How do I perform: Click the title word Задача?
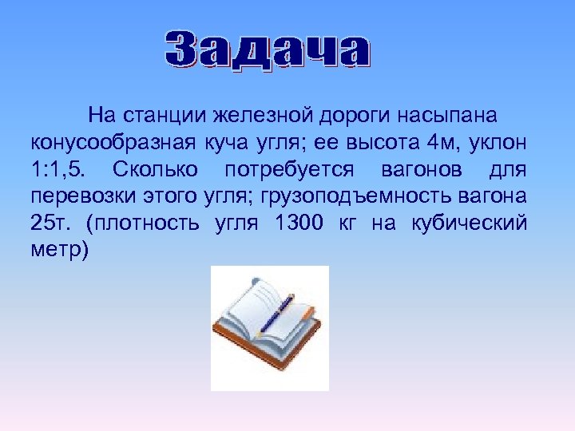[268, 50]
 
